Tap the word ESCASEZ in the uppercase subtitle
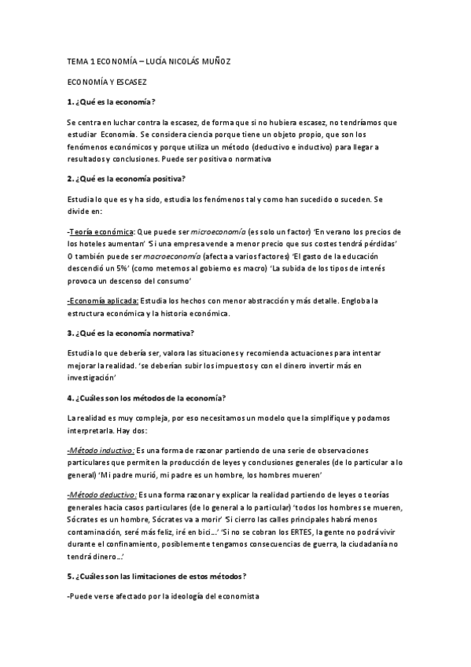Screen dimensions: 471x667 click(x=127, y=81)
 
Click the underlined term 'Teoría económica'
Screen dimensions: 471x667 click(x=101, y=232)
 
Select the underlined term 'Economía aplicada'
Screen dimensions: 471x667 click(x=104, y=301)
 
